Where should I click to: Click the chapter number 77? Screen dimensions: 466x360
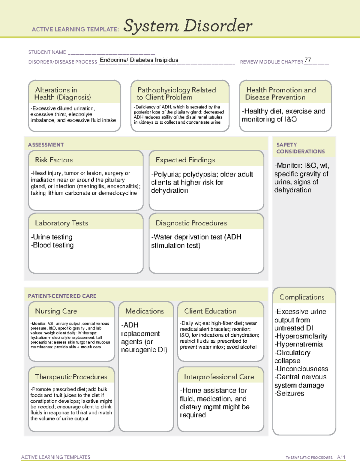[x=307, y=60]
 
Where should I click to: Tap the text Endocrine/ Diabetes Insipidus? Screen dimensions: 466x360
[x=139, y=60]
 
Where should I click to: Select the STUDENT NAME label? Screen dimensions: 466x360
[x=47, y=52]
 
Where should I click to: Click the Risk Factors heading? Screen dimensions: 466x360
[x=54, y=160]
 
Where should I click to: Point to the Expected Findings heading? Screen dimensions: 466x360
[x=185, y=160]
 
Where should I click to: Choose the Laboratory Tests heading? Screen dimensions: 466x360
[x=61, y=223]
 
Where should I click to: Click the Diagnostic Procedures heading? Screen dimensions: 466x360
[x=191, y=223]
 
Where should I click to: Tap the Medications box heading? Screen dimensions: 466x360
[x=144, y=311]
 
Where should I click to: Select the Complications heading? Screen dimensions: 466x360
[x=302, y=297]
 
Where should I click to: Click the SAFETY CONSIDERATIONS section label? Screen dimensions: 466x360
[x=300, y=148]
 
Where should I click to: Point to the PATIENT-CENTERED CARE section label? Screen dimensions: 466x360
[x=62, y=296]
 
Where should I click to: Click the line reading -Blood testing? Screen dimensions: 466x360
[x=52, y=245]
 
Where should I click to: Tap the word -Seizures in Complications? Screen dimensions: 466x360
[x=289, y=393]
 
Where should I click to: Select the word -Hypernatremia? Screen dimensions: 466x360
[x=298, y=344]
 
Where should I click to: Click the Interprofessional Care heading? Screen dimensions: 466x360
[x=219, y=377]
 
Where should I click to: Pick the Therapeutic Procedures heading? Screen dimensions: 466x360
[x=71, y=377]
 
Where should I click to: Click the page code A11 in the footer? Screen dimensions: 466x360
[x=341, y=457]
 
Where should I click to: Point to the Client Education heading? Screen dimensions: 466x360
[x=210, y=311]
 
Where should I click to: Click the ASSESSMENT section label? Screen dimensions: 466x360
[x=46, y=145]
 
